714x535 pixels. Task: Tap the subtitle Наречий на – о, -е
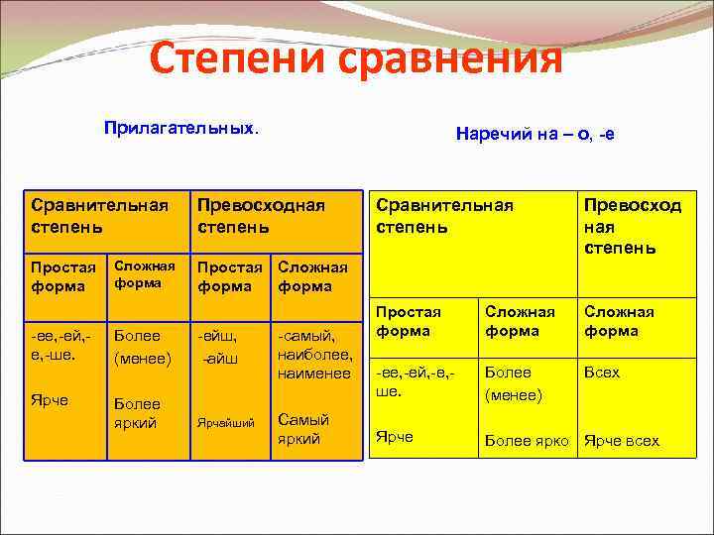pyautogui.click(x=535, y=133)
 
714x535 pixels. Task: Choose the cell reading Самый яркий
pyautogui.click(x=304, y=428)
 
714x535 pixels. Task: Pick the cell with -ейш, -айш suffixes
pyautogui.click(x=220, y=347)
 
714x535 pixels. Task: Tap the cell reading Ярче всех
pyautogui.click(x=622, y=441)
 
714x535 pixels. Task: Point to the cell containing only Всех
pyautogui.click(x=602, y=373)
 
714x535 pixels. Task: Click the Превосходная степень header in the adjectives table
pyautogui.click(x=261, y=215)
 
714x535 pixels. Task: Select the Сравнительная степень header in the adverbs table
pyautogui.click(x=444, y=215)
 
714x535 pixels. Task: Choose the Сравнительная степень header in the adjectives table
pyautogui.click(x=99, y=215)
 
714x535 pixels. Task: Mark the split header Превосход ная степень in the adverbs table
pyautogui.click(x=633, y=225)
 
